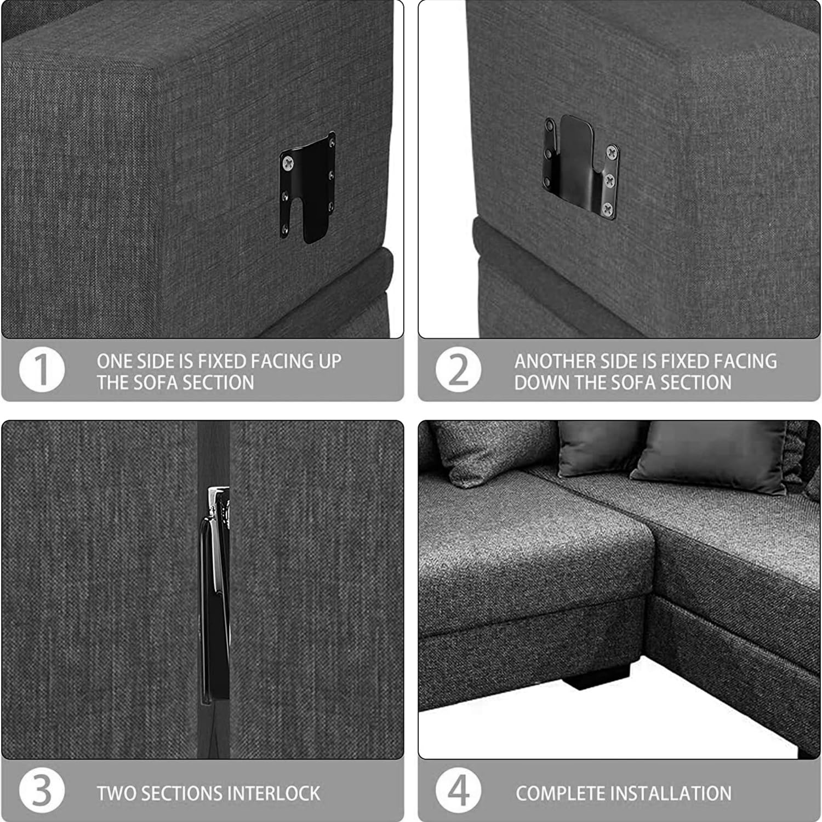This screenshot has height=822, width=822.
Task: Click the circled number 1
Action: coord(42,369)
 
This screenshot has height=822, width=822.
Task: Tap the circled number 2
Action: coord(459,369)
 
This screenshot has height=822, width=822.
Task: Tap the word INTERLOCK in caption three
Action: coord(273,793)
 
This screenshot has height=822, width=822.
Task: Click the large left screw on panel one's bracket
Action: coord(288,162)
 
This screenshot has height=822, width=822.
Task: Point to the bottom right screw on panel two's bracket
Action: coord(607,208)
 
